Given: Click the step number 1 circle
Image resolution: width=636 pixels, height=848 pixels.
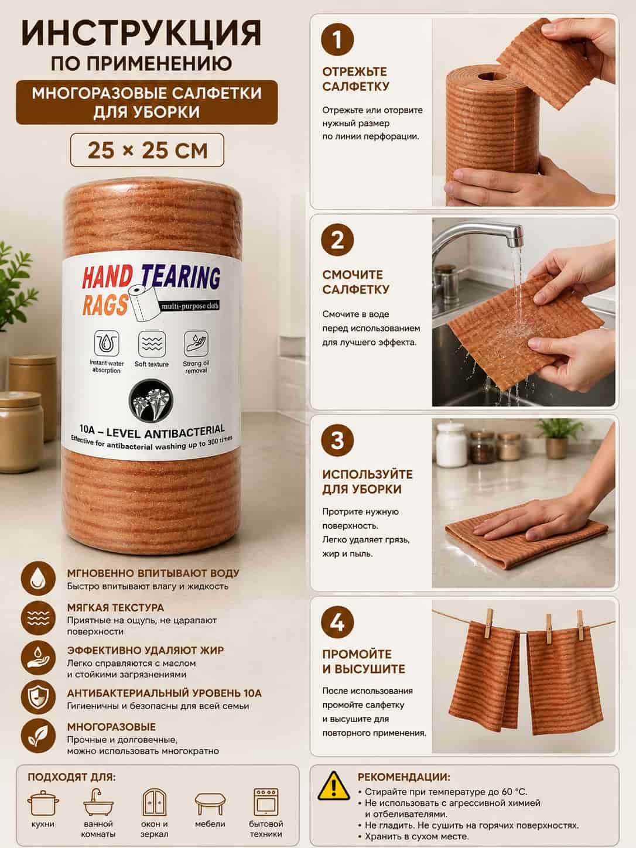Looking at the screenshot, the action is click(337, 39).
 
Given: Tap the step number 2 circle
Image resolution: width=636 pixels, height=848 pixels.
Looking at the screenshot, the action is click(337, 240).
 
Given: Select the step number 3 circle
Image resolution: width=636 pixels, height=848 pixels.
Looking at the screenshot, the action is click(337, 440).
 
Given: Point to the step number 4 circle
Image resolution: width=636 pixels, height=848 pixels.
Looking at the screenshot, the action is click(337, 622).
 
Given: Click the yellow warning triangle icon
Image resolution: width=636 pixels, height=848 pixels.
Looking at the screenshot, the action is click(333, 786).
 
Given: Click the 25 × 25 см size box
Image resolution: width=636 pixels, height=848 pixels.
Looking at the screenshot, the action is click(147, 150).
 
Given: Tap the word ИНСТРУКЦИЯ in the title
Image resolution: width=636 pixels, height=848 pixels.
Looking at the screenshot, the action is click(142, 34).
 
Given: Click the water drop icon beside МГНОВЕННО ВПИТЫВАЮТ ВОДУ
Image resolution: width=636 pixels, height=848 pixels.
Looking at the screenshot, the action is click(38, 579).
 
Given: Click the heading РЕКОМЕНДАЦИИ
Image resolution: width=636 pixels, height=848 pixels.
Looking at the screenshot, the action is click(404, 777).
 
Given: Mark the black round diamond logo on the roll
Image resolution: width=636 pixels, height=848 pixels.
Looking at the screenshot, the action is click(151, 400).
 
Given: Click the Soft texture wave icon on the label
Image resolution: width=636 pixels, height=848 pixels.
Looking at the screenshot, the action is click(152, 343).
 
